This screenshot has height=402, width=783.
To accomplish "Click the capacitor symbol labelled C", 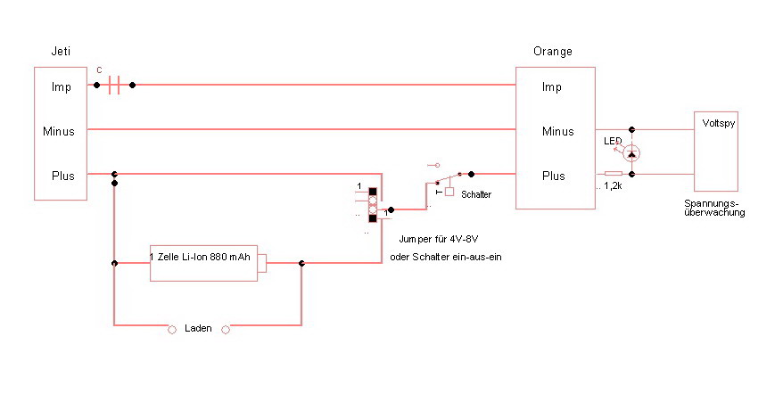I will click(114, 86).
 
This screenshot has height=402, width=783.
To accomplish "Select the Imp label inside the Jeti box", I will click(62, 86).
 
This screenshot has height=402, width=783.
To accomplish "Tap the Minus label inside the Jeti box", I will click(59, 131).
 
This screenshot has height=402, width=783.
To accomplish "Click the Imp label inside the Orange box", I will click(551, 86).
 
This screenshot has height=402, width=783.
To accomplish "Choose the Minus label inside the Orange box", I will click(557, 131).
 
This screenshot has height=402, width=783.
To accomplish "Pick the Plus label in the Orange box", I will click(554, 176).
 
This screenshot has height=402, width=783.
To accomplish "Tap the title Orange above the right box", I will click(553, 52).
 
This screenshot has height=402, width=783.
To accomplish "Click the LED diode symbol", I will click(631, 154).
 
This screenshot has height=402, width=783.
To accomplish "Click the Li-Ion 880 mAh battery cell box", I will click(208, 262).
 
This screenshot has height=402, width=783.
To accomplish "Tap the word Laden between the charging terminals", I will click(198, 329).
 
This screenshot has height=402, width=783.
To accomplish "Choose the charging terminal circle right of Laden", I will click(226, 329).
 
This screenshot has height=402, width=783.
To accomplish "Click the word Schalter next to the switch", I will click(476, 193).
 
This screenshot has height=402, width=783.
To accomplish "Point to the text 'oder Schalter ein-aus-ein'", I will click(441, 257).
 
